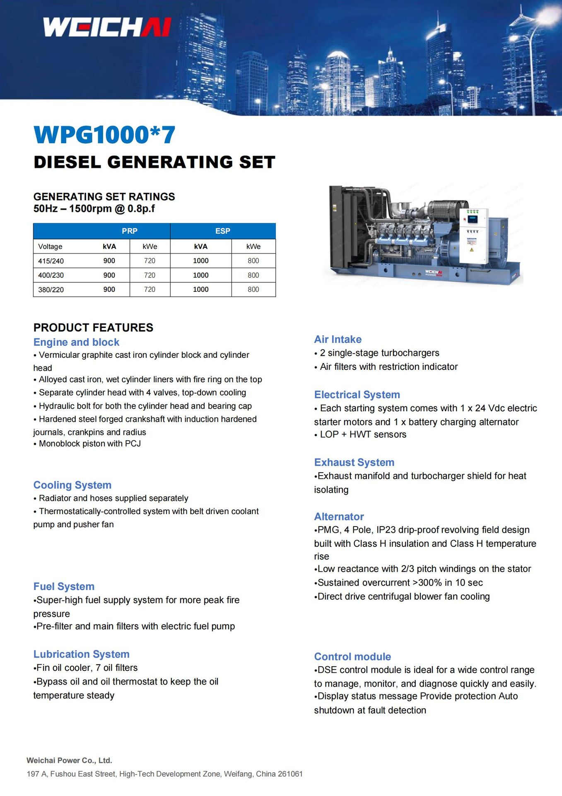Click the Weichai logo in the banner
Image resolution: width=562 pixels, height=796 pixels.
(107, 27)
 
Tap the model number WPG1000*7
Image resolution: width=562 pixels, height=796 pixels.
(104, 135)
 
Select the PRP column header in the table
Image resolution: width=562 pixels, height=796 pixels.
(129, 231)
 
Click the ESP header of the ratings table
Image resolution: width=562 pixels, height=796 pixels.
(222, 231)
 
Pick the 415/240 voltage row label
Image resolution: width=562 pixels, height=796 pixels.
(51, 261)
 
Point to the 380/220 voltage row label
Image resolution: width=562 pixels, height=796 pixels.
(51, 290)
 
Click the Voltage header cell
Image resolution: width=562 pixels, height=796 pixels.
(50, 246)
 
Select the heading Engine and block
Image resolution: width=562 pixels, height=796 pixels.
(76, 342)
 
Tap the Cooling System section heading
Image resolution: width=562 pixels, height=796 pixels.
(72, 485)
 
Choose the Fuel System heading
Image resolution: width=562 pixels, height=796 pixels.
(64, 586)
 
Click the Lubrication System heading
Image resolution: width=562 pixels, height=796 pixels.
(81, 654)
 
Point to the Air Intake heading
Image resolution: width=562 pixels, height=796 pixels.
(338, 339)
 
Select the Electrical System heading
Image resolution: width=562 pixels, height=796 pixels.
(357, 394)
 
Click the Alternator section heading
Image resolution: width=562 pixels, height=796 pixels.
(339, 516)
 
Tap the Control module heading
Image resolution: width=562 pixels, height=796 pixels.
(352, 656)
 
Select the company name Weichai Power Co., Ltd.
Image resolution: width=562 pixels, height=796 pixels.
(69, 760)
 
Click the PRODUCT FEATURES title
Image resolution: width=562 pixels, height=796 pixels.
(93, 328)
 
